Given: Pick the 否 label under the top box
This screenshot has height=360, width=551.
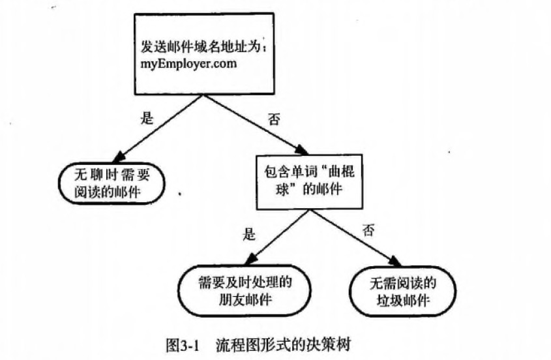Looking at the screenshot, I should pyautogui.click(x=274, y=121).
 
